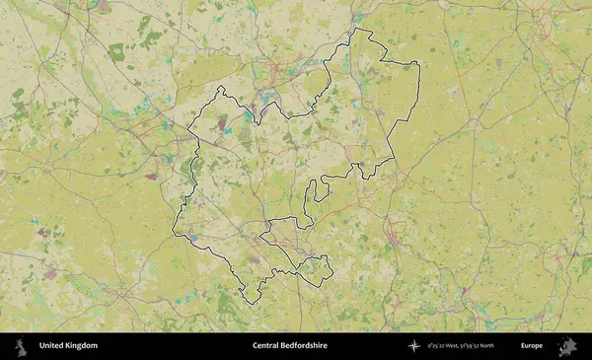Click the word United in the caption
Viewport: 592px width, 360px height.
pos(53,346)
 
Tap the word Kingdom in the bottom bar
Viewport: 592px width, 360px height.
pos(83,346)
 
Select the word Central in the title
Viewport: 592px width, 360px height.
pos(266,346)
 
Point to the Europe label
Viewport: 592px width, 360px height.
pos(532,346)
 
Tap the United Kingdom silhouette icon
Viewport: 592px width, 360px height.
pos(20,346)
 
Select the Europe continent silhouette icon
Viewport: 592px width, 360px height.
pos(567,346)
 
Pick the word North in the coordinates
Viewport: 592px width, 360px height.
pos(486,346)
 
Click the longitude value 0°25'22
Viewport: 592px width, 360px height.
pos(437,346)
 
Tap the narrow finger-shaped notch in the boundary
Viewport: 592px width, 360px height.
pos(311,191)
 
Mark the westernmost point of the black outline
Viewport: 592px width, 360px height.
pos(173,233)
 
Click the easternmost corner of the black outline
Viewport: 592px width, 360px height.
pos(419,65)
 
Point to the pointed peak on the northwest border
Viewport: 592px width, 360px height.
pos(220,87)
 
